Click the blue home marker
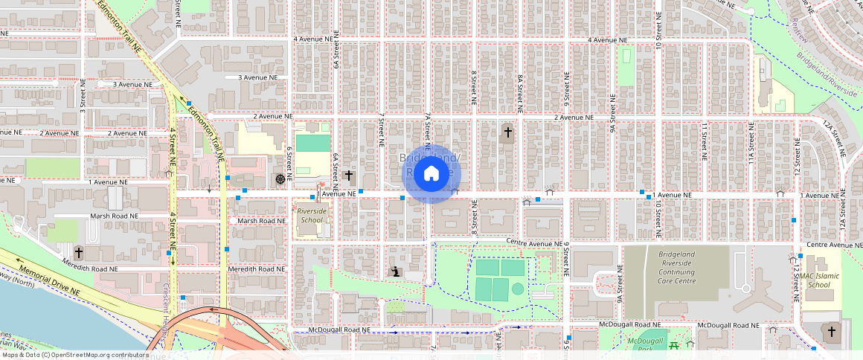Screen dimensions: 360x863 (431, 174)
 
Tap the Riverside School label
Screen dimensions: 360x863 (310, 216)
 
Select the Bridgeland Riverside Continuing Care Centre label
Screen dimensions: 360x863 (676, 267)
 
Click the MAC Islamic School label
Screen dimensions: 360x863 (815, 280)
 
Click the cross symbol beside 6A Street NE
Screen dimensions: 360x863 (348, 177)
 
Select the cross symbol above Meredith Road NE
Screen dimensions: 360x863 (79, 253)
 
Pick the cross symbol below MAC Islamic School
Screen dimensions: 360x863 (831, 332)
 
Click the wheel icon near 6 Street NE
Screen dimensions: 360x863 (280, 179)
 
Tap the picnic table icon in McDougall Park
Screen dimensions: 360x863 (674, 345)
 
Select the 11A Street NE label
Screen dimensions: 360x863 (751, 144)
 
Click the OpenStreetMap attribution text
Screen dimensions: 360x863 (74, 355)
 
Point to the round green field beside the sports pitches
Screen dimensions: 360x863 (518, 289)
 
